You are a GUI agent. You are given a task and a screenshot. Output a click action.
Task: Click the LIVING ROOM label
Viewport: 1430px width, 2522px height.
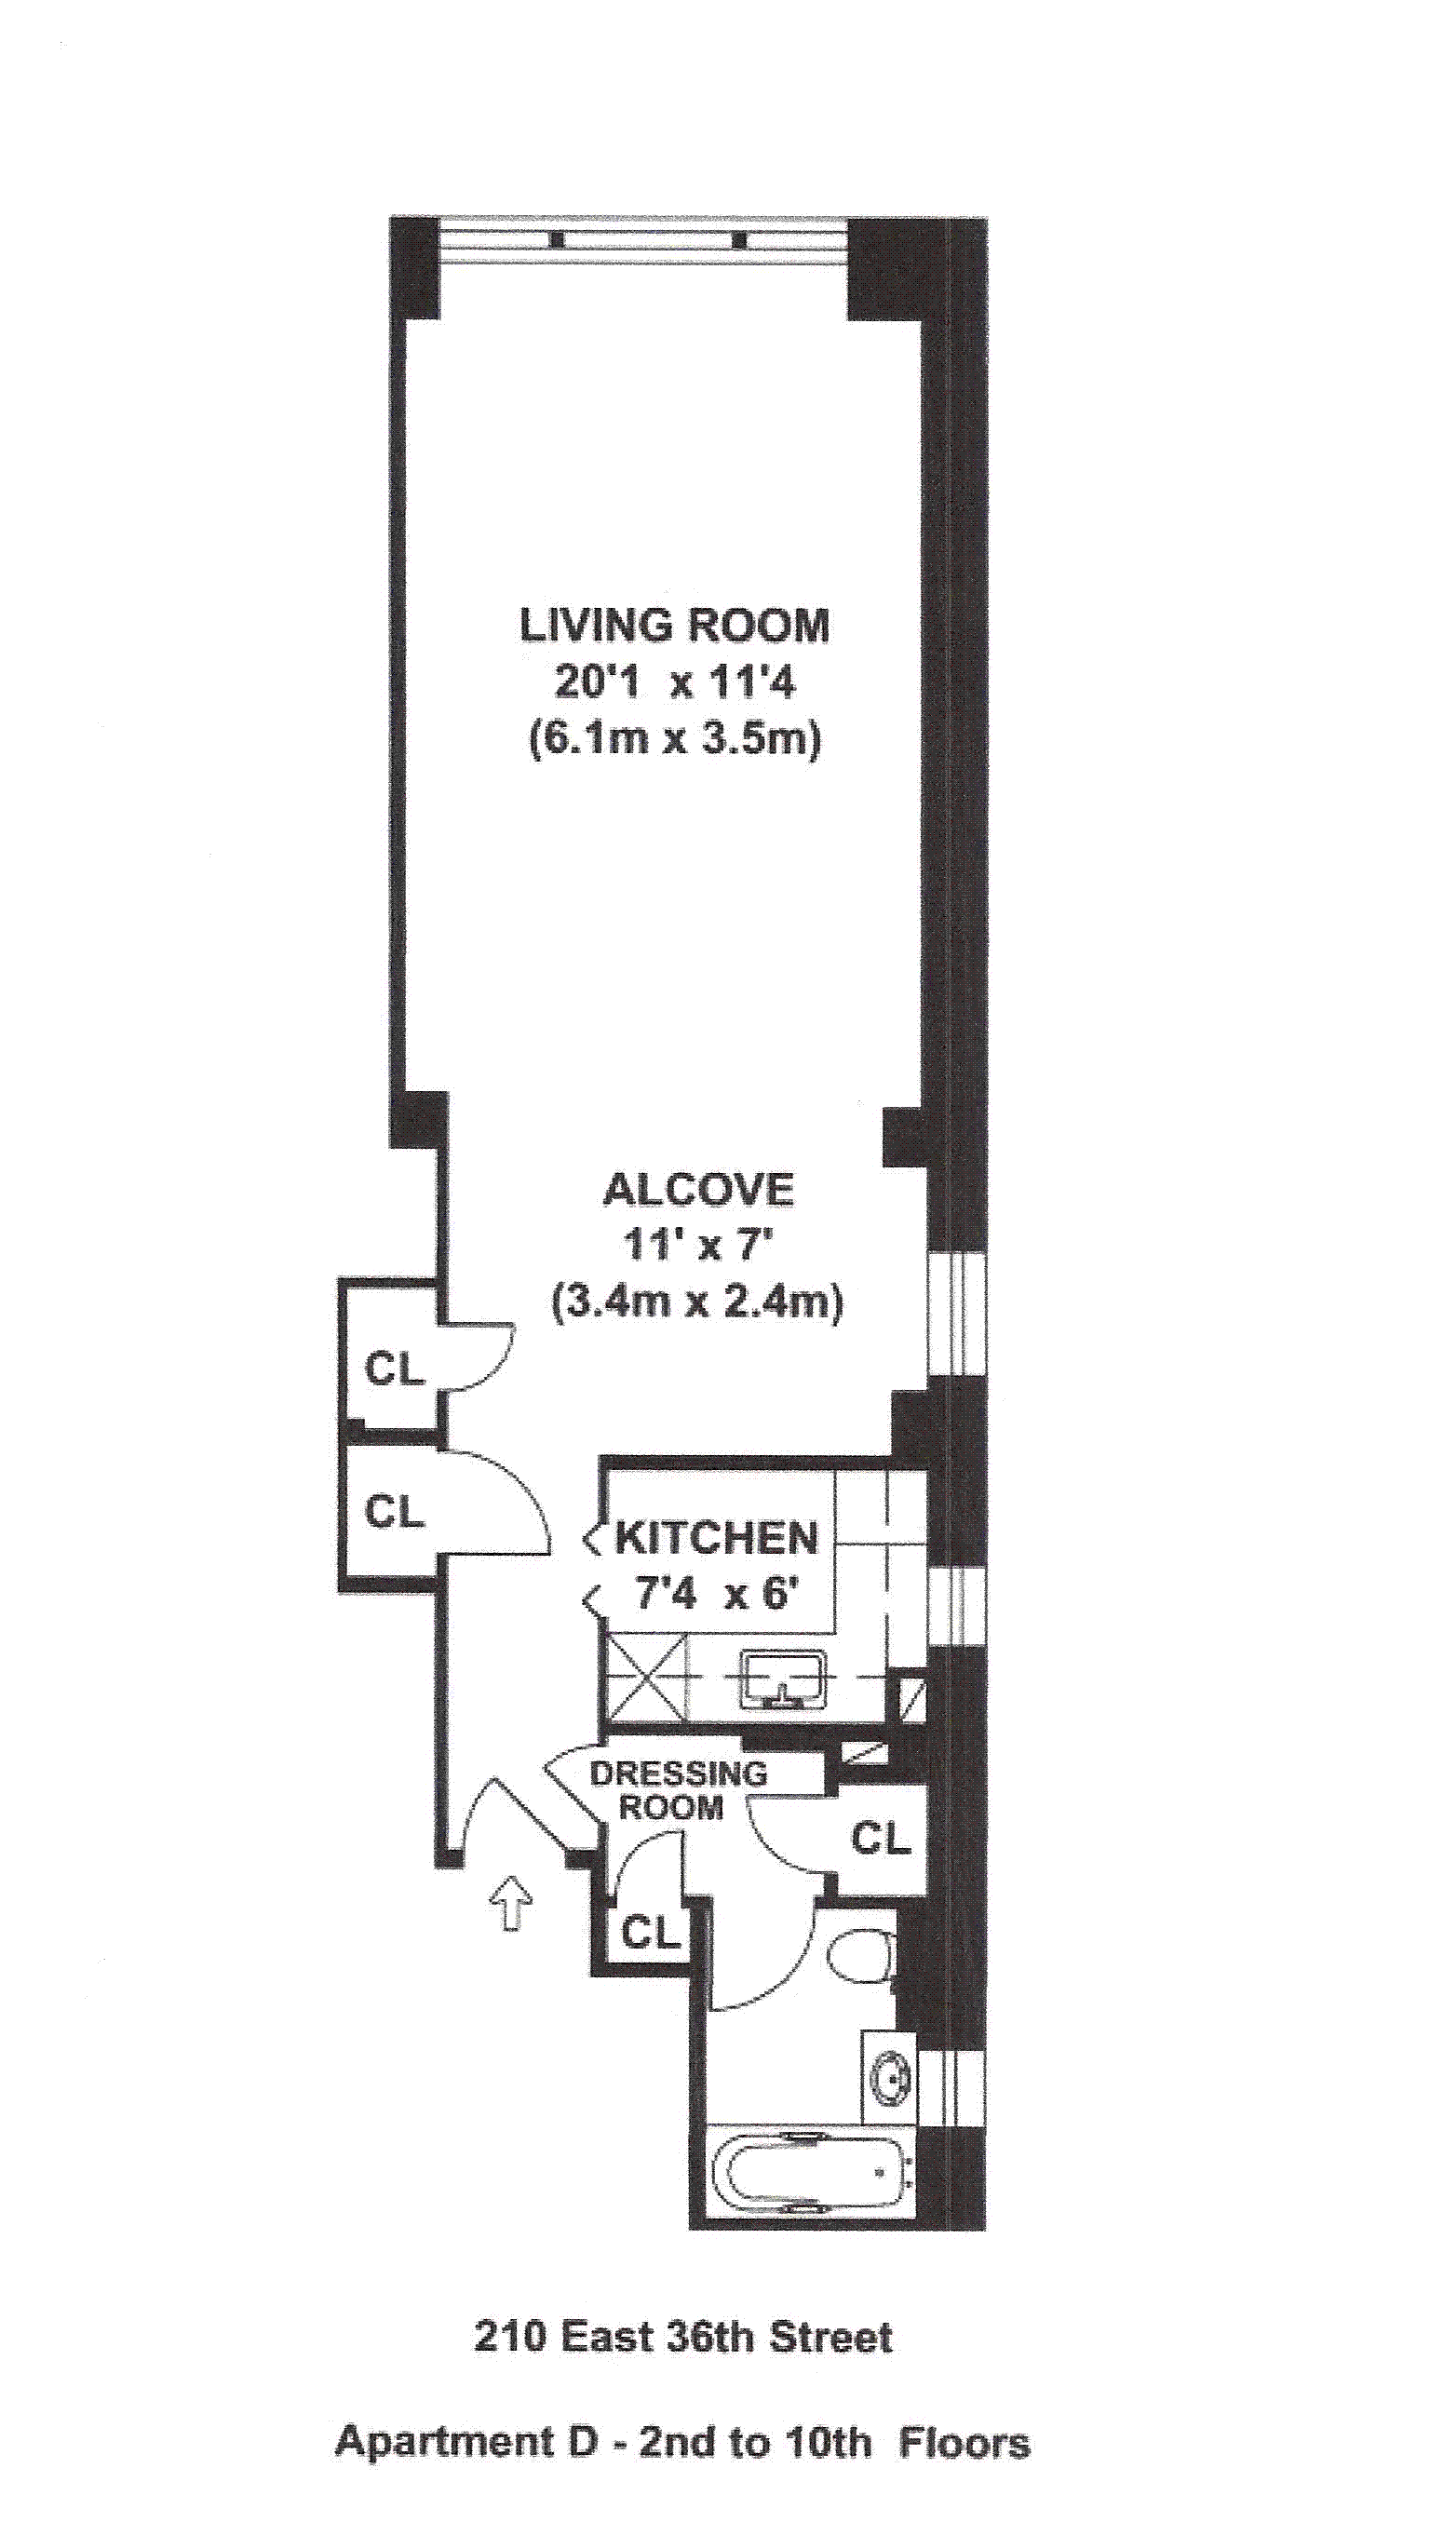675,626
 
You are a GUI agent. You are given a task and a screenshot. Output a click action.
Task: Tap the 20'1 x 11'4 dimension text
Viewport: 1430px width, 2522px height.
676,681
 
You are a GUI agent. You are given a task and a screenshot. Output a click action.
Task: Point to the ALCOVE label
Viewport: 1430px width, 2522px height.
698,1189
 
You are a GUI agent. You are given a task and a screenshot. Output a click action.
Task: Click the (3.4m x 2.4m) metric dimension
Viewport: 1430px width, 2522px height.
698,1303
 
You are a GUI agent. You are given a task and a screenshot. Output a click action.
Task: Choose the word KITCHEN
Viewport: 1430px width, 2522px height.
716,1538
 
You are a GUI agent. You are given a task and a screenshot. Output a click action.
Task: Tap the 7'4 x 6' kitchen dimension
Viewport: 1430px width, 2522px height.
714,1593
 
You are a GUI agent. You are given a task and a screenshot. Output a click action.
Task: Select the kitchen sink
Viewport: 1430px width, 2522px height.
783,1679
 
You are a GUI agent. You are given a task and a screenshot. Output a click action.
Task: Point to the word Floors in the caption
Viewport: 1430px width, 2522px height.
965,2415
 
